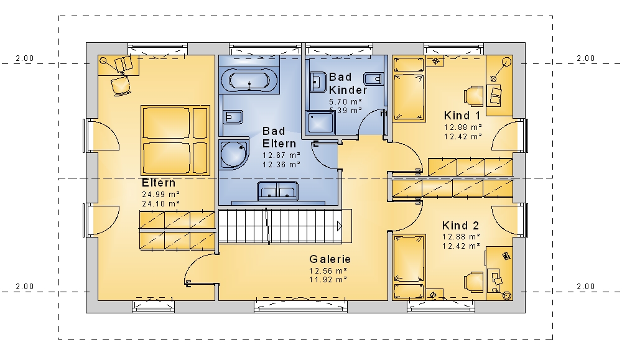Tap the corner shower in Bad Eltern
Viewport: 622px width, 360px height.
click(234, 154)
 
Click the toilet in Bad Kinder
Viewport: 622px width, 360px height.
click(374, 78)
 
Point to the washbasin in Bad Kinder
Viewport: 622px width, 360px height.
click(317, 81)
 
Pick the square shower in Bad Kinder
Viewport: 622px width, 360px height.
click(320, 123)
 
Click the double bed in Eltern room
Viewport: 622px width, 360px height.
click(175, 140)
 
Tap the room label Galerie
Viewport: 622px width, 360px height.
click(330, 259)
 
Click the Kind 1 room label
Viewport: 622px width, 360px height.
click(462, 116)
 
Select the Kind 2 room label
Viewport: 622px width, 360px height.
click(460, 226)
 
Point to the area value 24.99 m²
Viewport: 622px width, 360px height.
click(160, 195)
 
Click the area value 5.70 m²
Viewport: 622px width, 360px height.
click(345, 102)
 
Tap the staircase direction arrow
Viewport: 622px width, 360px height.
click(339, 226)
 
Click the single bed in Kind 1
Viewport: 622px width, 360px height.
click(409, 89)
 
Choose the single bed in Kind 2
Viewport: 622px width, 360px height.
click(409, 267)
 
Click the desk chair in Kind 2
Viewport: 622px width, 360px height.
click(473, 281)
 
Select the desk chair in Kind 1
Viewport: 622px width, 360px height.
click(473, 96)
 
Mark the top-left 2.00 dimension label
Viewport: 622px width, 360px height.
click(25, 58)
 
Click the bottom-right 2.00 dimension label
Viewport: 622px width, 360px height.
click(585, 286)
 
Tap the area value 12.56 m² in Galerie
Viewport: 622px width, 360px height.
click(328, 271)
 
